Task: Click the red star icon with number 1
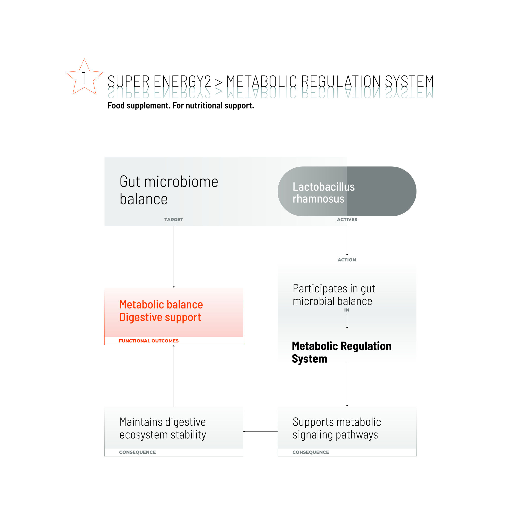[84, 78]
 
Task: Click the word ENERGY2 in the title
[182, 82]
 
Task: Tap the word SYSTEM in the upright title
[409, 82]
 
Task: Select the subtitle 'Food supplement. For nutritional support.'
[180, 106]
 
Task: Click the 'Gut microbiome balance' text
[169, 190]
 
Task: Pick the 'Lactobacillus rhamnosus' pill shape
[347, 191]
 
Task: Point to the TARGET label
[174, 219]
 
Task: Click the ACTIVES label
[347, 219]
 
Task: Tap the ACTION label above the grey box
[347, 260]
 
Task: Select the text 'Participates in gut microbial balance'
[334, 295]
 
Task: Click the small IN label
[347, 310]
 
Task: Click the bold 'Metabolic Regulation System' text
[341, 352]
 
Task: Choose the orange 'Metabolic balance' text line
[161, 305]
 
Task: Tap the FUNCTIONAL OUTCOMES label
[149, 341]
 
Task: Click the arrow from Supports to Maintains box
[260, 432]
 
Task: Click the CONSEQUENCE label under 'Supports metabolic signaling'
[310, 452]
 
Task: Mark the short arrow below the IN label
[347, 321]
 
